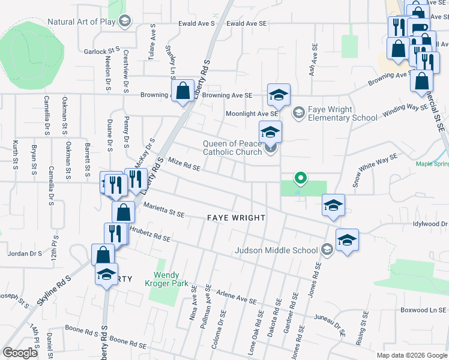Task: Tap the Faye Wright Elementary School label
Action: [342, 114]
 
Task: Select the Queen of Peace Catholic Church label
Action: [232, 148]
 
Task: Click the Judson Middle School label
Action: [276, 250]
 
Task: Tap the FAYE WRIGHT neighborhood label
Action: [236, 217]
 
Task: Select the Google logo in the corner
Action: [20, 353]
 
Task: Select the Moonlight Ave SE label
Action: [252, 113]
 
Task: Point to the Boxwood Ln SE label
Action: [424, 310]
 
